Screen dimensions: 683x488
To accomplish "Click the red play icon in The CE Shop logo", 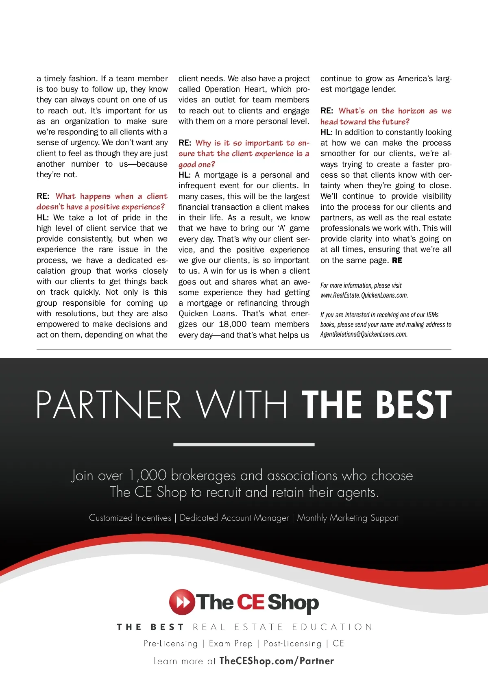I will click(x=181, y=602).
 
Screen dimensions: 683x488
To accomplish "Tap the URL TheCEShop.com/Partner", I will click(x=277, y=661).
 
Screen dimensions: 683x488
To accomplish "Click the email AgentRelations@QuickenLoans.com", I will click(x=364, y=334).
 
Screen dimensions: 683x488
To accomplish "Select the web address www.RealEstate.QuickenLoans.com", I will click(x=364, y=295).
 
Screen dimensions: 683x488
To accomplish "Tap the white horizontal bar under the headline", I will click(x=244, y=444).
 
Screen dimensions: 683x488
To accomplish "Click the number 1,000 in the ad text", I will click(x=147, y=475).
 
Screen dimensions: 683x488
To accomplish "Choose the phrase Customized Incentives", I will click(x=130, y=518).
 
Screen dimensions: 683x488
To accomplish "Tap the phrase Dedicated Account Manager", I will click(x=234, y=518).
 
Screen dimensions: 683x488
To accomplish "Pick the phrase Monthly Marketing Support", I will click(x=348, y=518).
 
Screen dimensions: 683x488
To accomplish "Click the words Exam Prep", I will click(x=231, y=643).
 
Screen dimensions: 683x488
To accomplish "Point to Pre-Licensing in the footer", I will click(x=171, y=643).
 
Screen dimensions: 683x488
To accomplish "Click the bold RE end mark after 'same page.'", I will click(x=397, y=260).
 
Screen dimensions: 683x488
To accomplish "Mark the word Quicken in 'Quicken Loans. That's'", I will click(x=193, y=313).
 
